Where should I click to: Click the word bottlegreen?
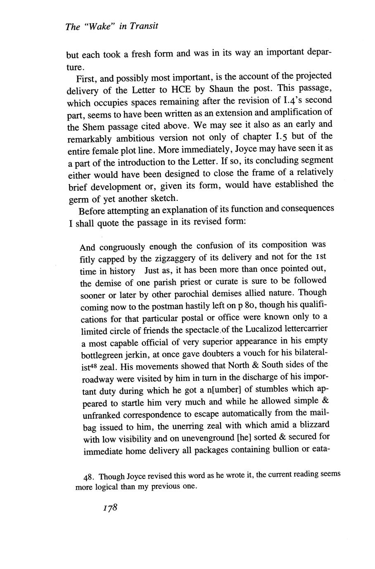point(102,354)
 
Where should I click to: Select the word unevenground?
point(214,437)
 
